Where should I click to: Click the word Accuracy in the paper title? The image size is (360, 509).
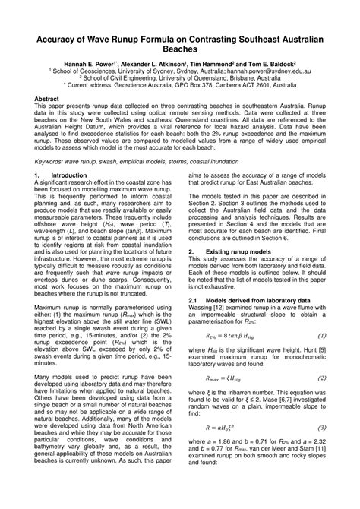click(54, 37)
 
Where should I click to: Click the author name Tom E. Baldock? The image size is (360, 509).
click(270, 65)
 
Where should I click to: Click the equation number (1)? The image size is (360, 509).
click(322, 356)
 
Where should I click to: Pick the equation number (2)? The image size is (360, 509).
click(322, 398)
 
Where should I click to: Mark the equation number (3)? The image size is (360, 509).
click(322, 449)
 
